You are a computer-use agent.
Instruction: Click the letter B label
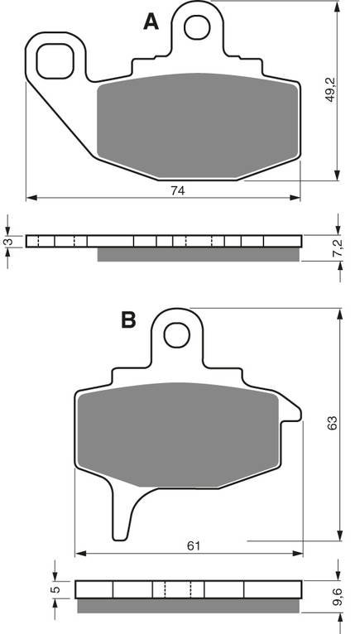pyautogui.click(x=128, y=319)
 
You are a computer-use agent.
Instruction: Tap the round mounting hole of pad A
pyautogui.click(x=196, y=27)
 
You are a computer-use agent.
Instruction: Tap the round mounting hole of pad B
pyautogui.click(x=175, y=334)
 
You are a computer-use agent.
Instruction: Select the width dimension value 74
pyautogui.click(x=177, y=190)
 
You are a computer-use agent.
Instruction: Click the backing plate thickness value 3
pyautogui.click(x=7, y=241)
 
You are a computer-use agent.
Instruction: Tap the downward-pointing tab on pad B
pyautogui.click(x=123, y=510)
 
